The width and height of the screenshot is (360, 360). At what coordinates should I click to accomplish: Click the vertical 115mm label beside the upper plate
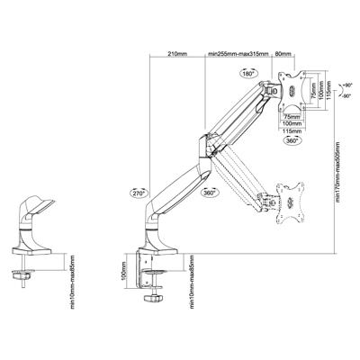coord(328,94)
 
